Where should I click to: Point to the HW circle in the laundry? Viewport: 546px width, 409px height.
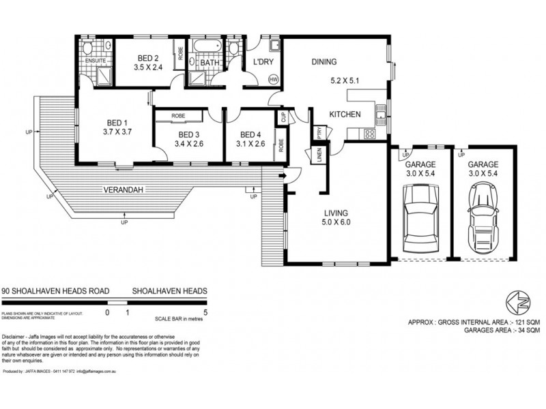(273, 80)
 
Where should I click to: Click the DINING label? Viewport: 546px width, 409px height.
(324, 62)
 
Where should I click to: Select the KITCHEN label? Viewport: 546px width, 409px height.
(345, 115)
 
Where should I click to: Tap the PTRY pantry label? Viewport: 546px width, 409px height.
(317, 132)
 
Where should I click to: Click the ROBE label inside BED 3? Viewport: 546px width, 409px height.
(179, 116)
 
